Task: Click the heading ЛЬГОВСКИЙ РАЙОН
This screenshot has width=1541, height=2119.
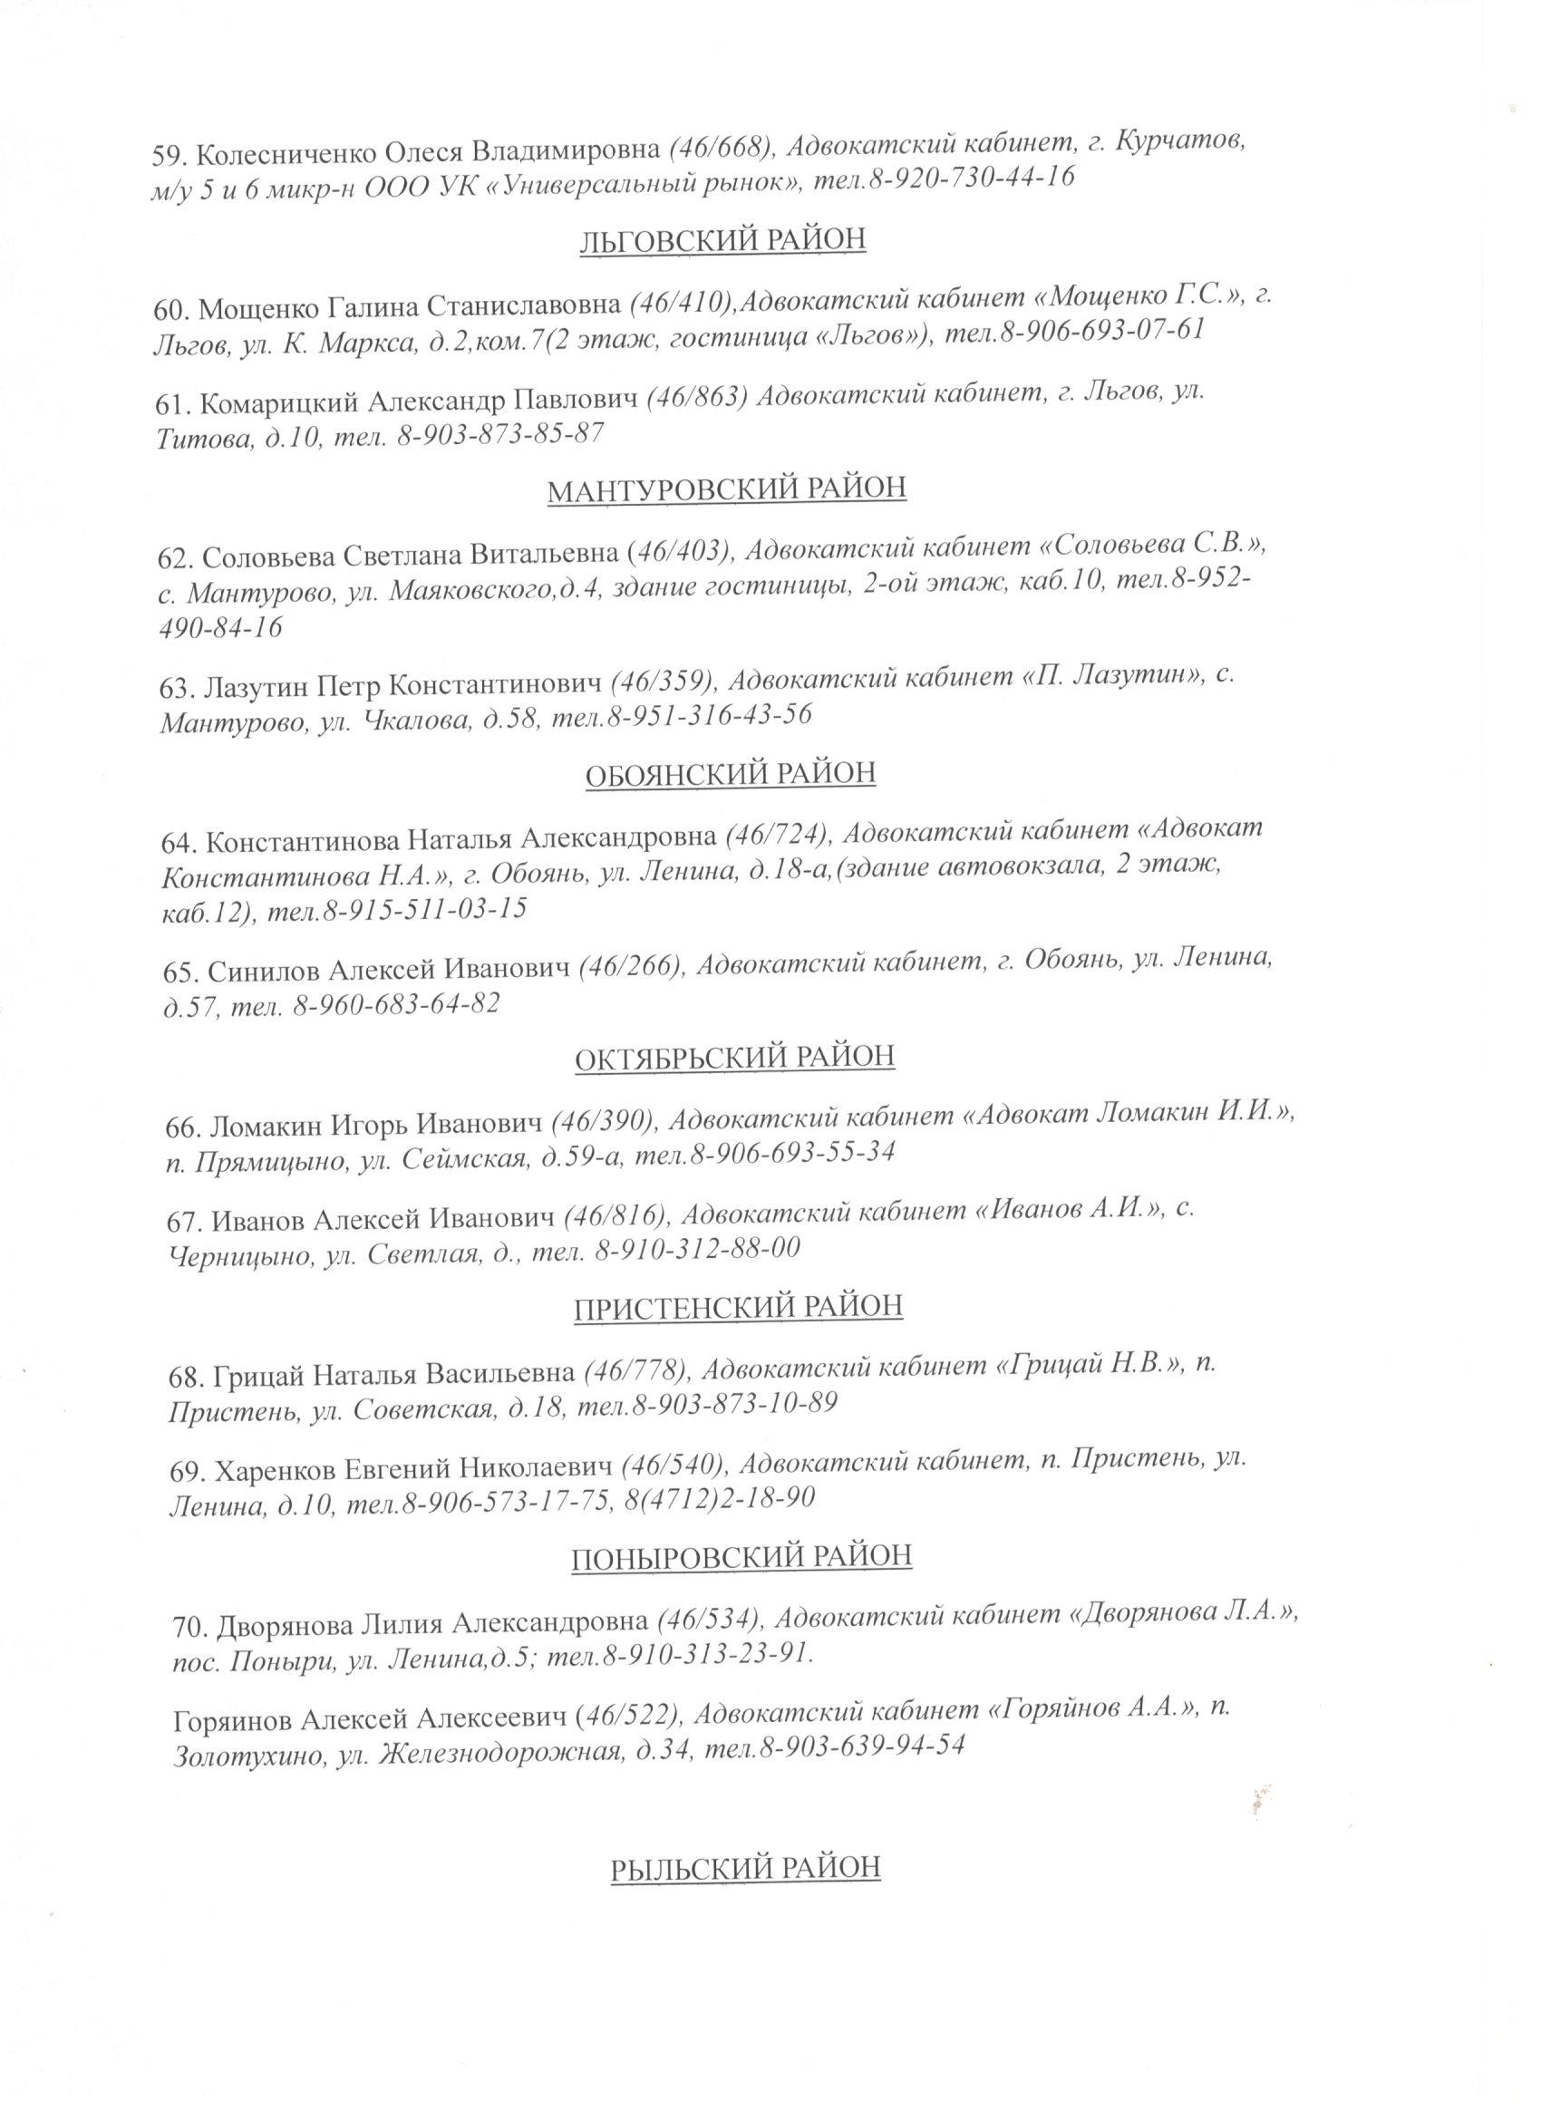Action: click(x=722, y=240)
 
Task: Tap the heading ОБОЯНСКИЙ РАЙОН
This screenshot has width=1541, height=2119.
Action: click(x=731, y=775)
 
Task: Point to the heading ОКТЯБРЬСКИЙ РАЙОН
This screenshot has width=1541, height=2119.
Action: click(x=734, y=1057)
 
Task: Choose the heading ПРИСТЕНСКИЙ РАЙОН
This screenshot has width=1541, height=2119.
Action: click(x=738, y=1305)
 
